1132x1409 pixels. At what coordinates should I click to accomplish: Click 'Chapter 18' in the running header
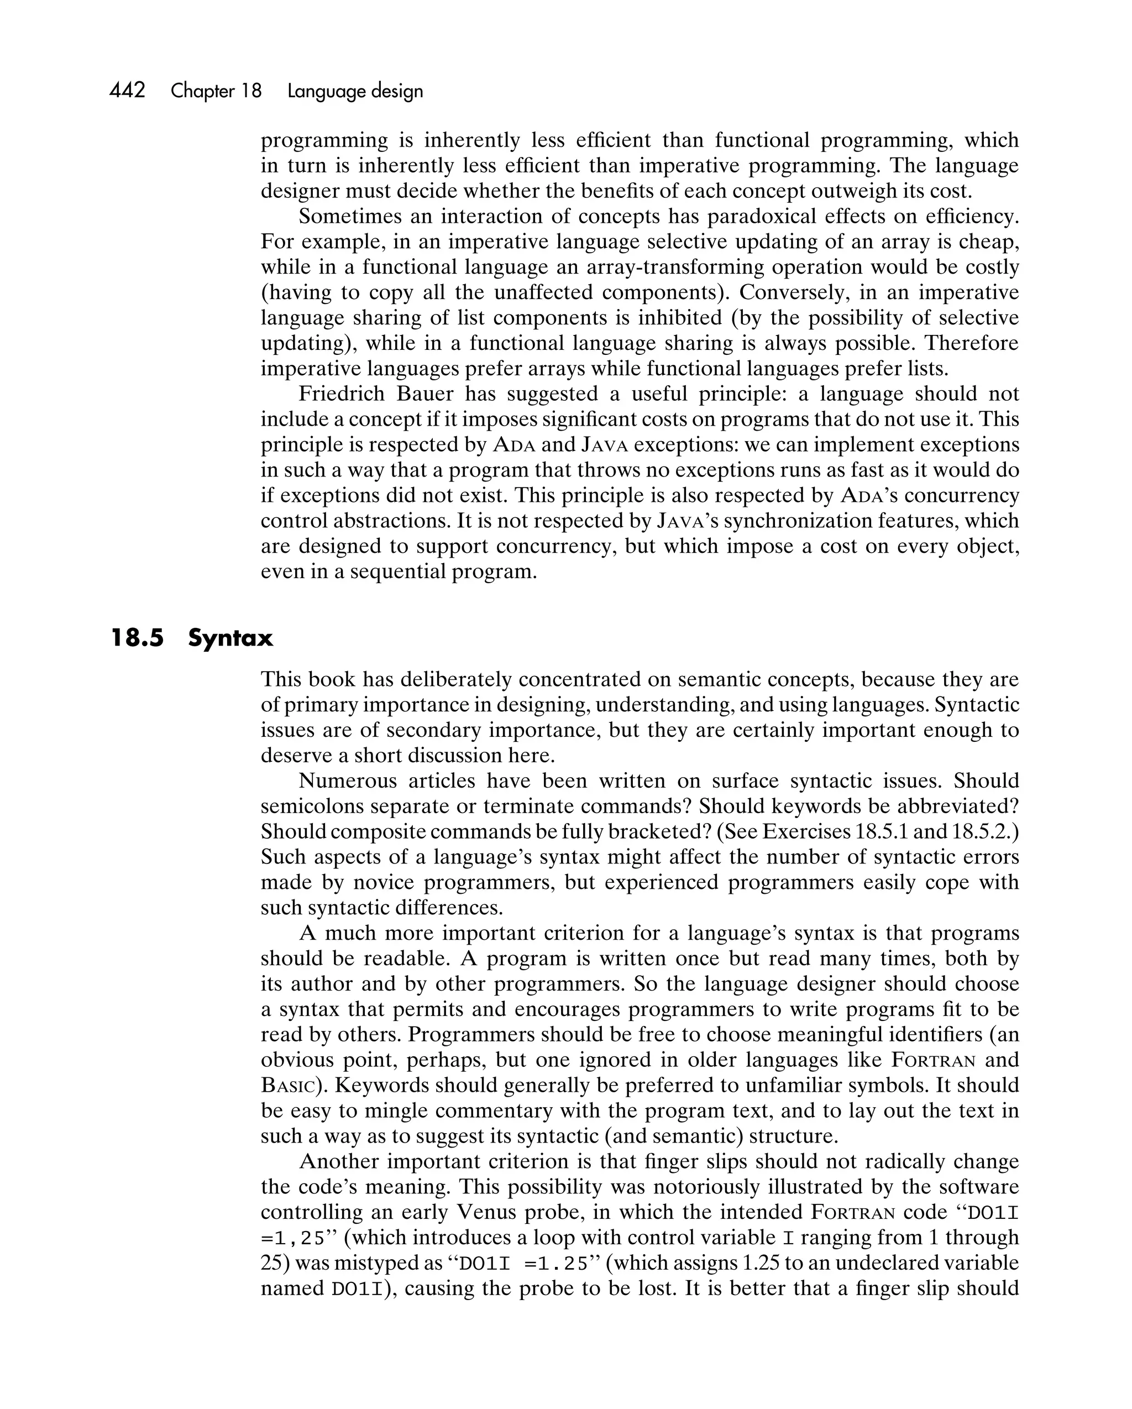(216, 91)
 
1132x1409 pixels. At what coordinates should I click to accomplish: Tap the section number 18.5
(137, 638)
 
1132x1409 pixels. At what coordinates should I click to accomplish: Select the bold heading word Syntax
(230, 638)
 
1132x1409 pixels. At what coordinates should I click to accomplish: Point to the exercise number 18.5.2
(982, 831)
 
